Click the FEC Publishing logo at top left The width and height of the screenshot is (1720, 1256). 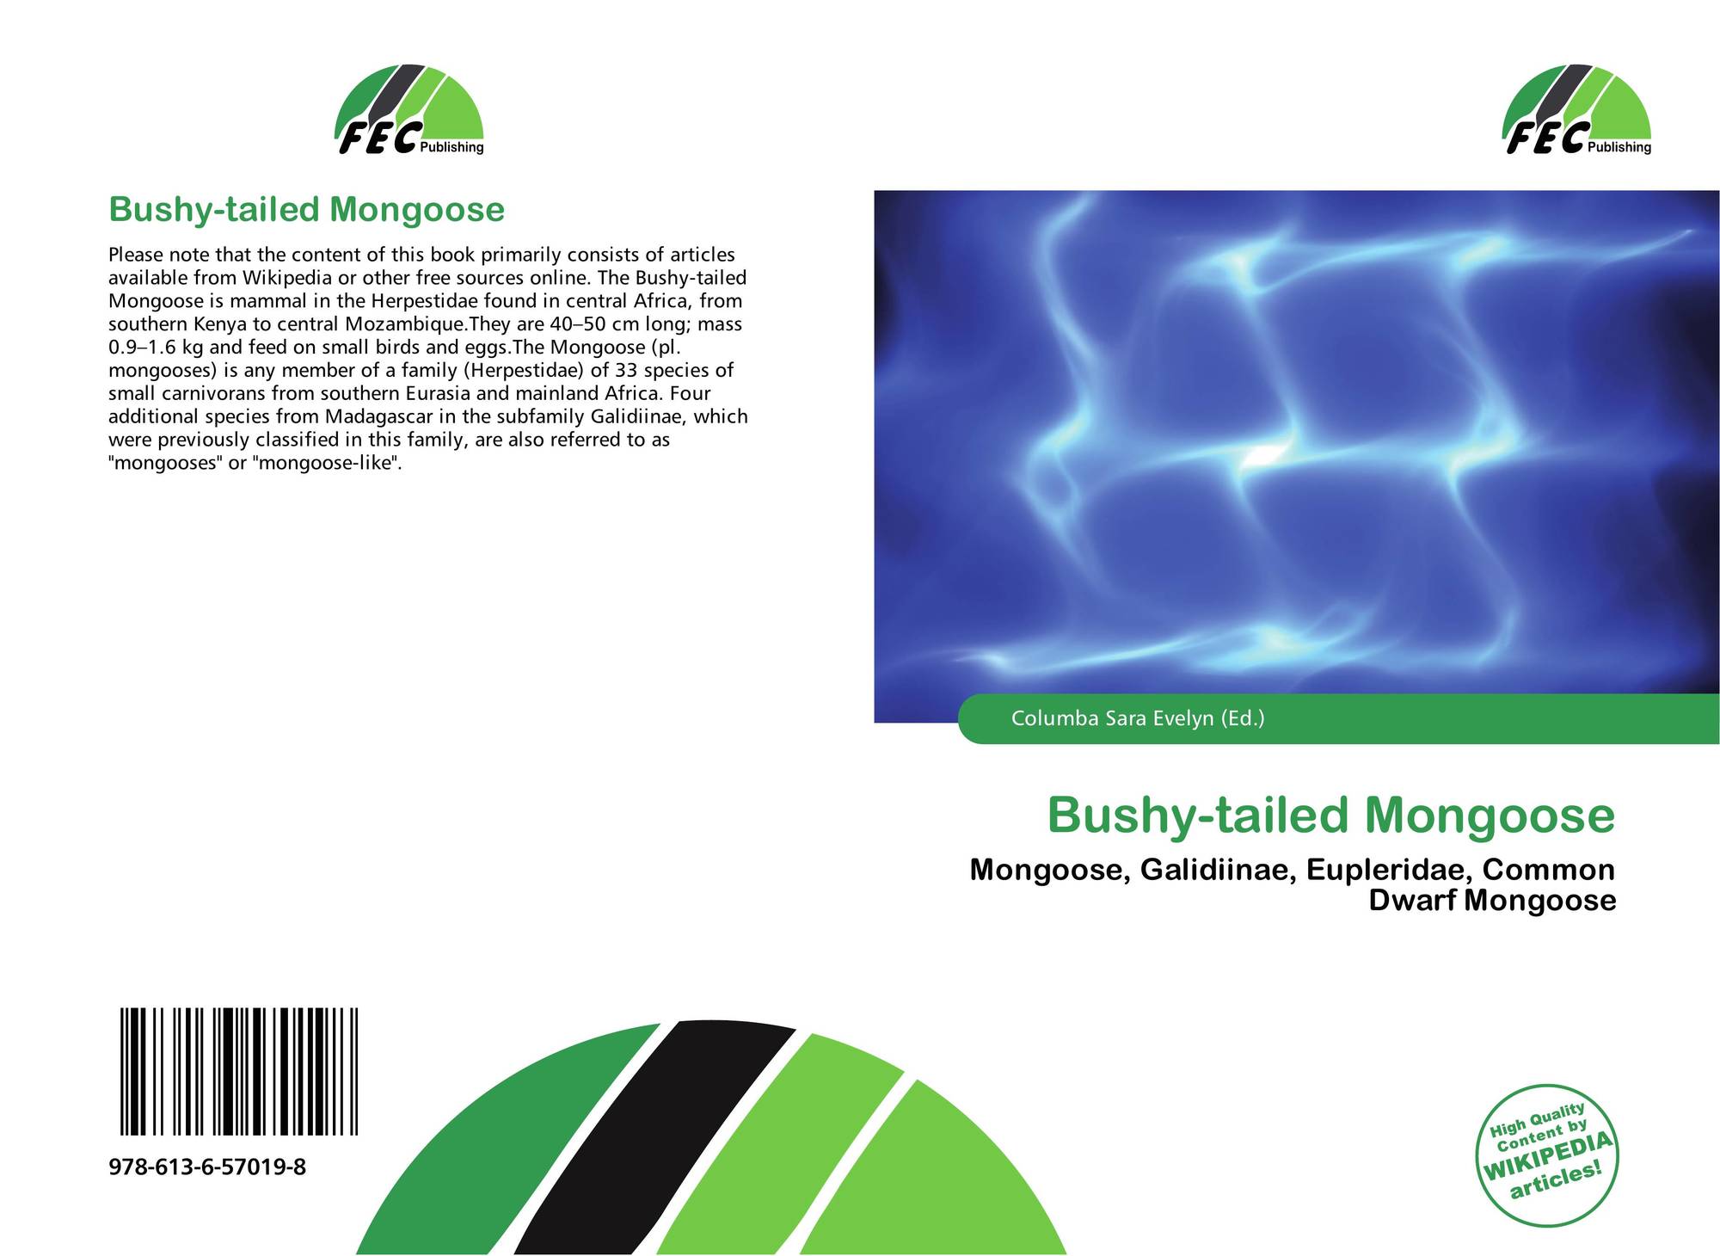click(409, 110)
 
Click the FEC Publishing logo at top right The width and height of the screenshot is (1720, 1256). click(1577, 110)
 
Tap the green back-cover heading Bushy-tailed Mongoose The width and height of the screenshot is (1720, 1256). click(306, 210)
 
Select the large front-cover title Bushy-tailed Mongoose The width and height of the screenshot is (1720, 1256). click(1331, 816)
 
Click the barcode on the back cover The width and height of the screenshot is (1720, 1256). click(239, 1072)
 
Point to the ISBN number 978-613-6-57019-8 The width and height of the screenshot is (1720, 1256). click(207, 1167)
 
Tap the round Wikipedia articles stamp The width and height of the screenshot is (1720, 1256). click(1547, 1154)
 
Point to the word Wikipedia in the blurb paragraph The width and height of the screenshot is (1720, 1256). click(286, 278)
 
